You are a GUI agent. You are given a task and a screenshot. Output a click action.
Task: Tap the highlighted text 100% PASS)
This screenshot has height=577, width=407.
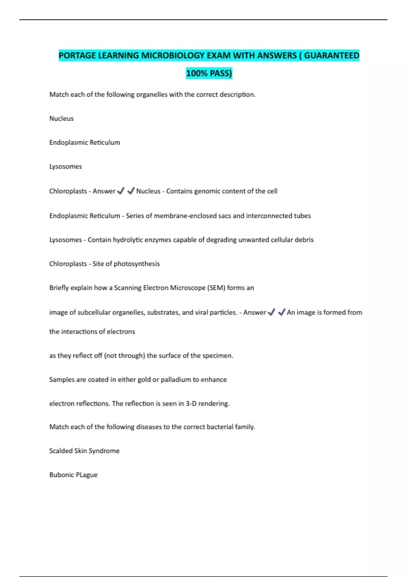(209, 73)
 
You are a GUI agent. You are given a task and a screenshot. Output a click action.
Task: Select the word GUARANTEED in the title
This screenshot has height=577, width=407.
(331, 55)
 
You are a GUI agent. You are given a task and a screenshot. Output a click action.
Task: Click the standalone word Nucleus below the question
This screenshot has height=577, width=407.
(61, 118)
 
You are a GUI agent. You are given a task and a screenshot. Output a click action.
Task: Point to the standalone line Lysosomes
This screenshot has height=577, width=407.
(65, 167)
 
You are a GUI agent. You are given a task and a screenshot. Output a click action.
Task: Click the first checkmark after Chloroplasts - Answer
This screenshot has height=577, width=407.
(120, 191)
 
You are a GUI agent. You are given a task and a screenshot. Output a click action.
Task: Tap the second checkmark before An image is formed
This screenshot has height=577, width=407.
(282, 312)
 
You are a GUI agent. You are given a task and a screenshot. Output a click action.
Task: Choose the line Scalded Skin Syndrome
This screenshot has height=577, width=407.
(84, 451)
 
